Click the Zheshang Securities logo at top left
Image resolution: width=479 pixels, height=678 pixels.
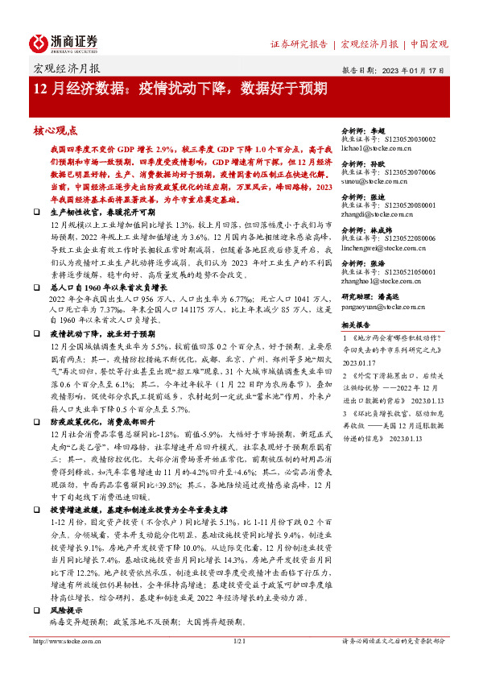point(64,42)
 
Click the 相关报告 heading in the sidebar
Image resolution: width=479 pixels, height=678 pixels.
point(356,325)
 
